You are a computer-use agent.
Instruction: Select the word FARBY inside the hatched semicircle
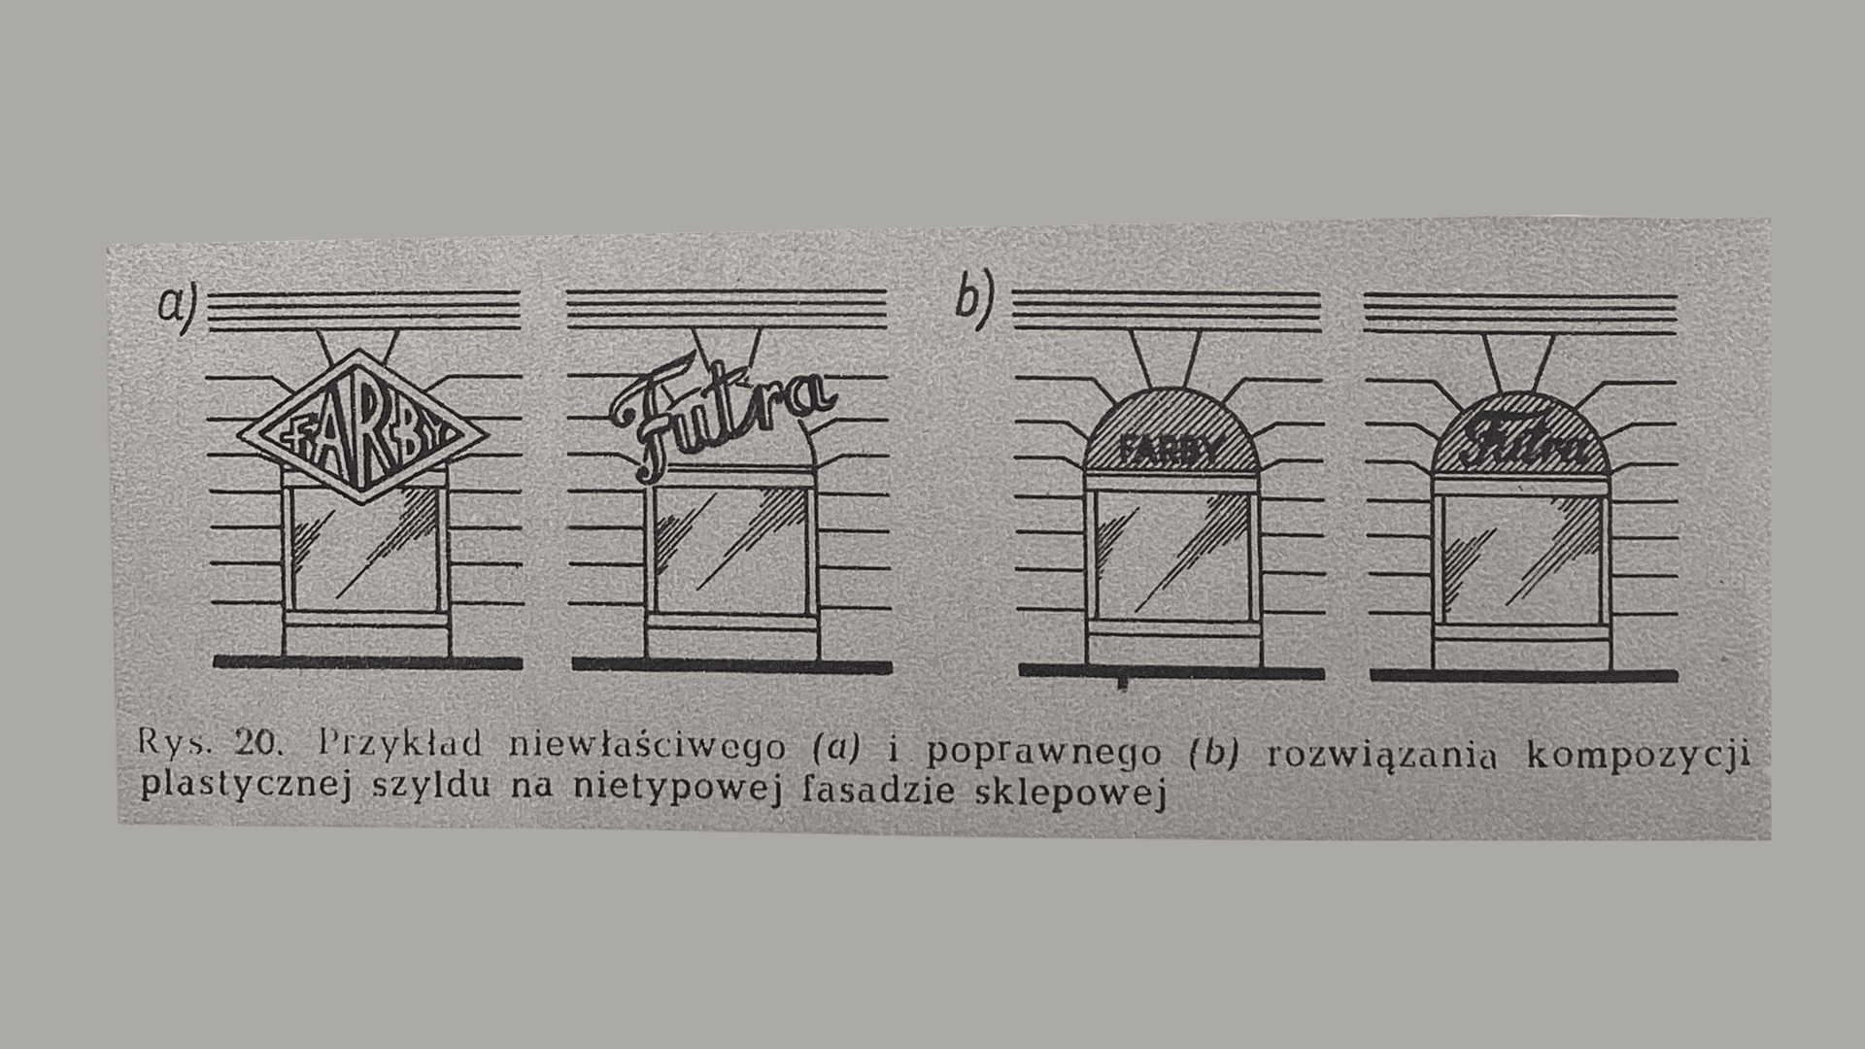point(1170,450)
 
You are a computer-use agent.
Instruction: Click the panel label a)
point(177,304)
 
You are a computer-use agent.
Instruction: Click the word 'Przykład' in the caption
point(400,745)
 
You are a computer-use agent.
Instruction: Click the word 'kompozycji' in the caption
point(1638,756)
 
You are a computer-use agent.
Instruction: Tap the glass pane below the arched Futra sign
point(1522,560)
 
